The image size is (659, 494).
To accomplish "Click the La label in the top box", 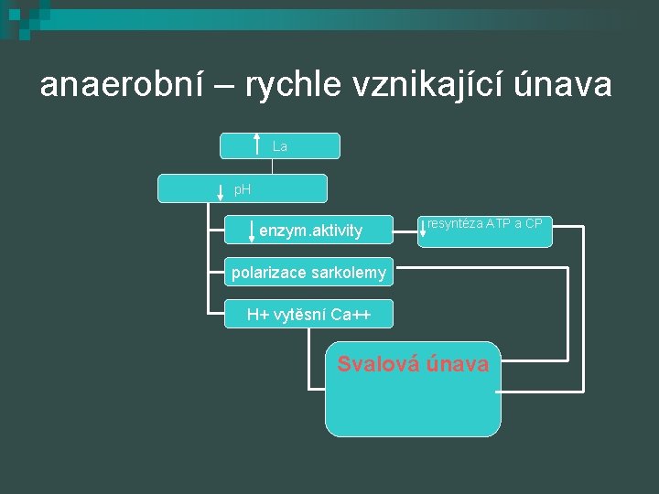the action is [280, 146].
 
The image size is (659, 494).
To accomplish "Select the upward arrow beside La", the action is [257, 145].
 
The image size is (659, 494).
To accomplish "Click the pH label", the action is [243, 190].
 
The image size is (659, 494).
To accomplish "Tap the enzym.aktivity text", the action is [311, 231].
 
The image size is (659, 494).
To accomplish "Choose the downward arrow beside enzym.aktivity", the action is [252, 230].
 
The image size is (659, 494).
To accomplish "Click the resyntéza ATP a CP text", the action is [485, 223].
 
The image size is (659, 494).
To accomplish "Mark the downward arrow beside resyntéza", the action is [423, 230].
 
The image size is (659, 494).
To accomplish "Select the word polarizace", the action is [267, 272].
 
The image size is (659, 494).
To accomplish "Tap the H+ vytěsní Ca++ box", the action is [308, 315].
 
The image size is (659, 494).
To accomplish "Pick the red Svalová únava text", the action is [413, 364].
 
